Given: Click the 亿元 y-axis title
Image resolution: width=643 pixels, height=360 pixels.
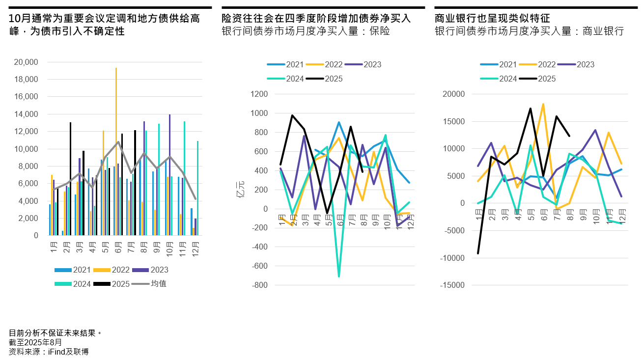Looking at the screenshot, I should [240, 190].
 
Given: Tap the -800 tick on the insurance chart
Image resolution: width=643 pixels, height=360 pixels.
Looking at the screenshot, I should [259, 285].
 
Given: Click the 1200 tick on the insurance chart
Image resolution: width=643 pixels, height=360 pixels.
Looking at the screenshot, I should [259, 94].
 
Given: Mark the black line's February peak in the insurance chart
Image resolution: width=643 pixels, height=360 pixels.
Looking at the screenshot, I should [292, 115].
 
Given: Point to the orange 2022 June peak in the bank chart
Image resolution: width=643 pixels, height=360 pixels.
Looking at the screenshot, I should [543, 104].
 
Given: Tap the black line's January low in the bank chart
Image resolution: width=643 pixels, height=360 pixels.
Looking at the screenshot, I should [478, 253].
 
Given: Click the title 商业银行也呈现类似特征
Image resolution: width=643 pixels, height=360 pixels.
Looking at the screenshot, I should [492, 19].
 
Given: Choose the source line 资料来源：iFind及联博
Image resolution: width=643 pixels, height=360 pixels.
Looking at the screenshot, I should [49, 352].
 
